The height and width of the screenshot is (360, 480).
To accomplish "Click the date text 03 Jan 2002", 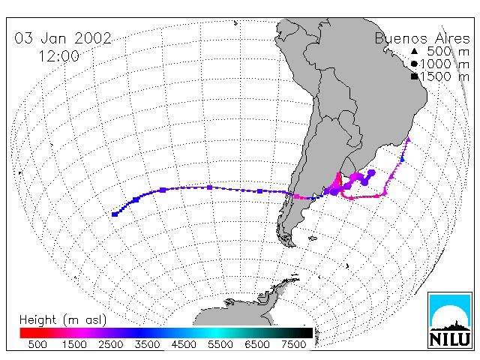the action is tap(63, 38).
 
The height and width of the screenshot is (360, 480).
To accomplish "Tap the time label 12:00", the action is tap(58, 56).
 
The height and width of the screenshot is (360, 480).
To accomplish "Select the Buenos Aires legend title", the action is tap(422, 38).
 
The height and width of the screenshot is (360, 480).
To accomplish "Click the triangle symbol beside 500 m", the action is tap(414, 51).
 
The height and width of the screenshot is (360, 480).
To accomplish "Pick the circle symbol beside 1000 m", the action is tap(414, 64).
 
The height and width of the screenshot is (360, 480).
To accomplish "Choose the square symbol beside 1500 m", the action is tap(414, 76).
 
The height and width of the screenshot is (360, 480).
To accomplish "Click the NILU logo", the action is tap(450, 320).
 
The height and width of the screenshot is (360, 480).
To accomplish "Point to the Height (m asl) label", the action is tap(63, 320).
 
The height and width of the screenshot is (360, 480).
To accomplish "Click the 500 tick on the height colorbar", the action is tap(37, 344).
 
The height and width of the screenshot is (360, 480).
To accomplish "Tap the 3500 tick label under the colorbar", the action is tap(147, 344).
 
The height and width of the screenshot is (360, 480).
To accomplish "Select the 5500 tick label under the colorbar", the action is tap(220, 344).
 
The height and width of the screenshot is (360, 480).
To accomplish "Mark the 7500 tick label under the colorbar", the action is tap(293, 344).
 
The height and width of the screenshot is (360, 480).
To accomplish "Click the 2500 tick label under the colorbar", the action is tap(111, 344).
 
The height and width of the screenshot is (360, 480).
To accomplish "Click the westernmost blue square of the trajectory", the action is tap(115, 214).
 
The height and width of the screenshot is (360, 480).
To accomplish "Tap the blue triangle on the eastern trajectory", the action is tap(402, 159).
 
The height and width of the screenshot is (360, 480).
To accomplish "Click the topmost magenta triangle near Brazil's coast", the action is tap(408, 139).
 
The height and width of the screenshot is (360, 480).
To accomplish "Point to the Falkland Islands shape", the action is tap(313, 238).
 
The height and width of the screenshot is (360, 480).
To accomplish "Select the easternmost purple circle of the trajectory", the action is tap(371, 173).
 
